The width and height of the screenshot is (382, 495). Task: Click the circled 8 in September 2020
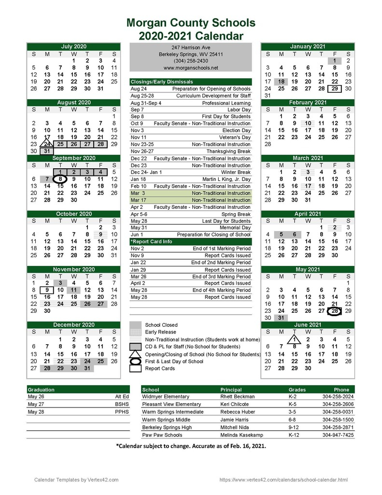tap(60, 178)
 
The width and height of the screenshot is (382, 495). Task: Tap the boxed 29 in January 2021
tap(334, 88)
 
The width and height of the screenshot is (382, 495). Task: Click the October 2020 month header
tap(74, 214)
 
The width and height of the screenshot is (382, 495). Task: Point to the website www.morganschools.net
tap(191, 68)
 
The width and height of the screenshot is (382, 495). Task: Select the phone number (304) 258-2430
tap(191, 61)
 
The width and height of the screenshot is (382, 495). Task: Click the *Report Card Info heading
tap(152, 242)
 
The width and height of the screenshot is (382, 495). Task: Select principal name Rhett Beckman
tap(237, 396)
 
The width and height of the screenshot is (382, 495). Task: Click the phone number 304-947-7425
tap(338, 435)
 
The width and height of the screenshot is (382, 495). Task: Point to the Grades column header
tap(297, 390)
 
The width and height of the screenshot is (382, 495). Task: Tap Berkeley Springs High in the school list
tap(167, 427)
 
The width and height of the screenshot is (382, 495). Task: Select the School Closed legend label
tap(161, 325)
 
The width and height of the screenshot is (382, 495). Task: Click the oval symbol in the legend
tap(136, 361)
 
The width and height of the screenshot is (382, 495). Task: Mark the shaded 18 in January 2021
tap(281, 82)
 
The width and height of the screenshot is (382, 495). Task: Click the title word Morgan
tap(149, 23)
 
